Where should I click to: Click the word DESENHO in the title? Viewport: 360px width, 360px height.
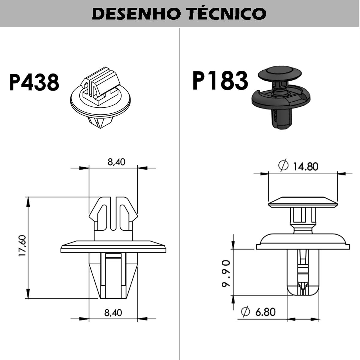pyautogui.click(x=135, y=13)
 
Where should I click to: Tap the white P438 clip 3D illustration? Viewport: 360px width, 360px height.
pyautogui.click(x=100, y=97)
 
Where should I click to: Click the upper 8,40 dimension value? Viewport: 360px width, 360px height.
pyautogui.click(x=116, y=162)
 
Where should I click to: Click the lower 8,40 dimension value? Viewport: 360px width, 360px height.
pyautogui.click(x=113, y=313)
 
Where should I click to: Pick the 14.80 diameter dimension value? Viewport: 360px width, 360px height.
pyautogui.click(x=305, y=166)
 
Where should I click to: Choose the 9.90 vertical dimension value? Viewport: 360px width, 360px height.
pyautogui.click(x=226, y=274)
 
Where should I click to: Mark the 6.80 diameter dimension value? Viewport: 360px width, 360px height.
pyautogui.click(x=265, y=312)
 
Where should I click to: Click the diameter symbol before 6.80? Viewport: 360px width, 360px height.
pyautogui.click(x=245, y=312)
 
